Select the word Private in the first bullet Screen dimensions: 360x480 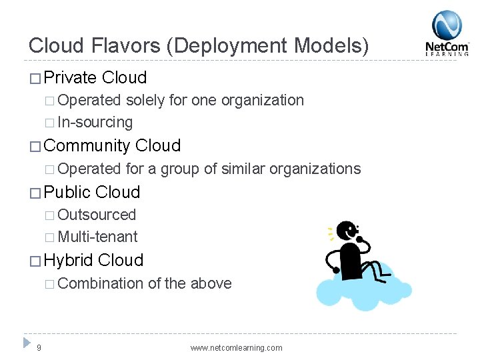(x=70, y=78)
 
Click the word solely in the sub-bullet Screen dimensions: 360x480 (x=145, y=101)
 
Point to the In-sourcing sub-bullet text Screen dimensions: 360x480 (x=95, y=123)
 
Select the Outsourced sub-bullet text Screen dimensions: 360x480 (x=97, y=215)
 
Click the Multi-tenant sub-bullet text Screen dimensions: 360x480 (x=98, y=237)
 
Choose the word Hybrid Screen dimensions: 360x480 (x=69, y=261)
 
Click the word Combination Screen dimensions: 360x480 (x=101, y=283)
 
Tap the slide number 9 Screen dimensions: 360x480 (x=39, y=347)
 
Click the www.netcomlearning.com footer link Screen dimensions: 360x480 (x=236, y=348)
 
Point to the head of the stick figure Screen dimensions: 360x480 (x=347, y=231)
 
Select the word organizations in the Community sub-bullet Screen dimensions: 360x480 (x=315, y=169)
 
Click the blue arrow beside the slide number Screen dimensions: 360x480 (x=27, y=342)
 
